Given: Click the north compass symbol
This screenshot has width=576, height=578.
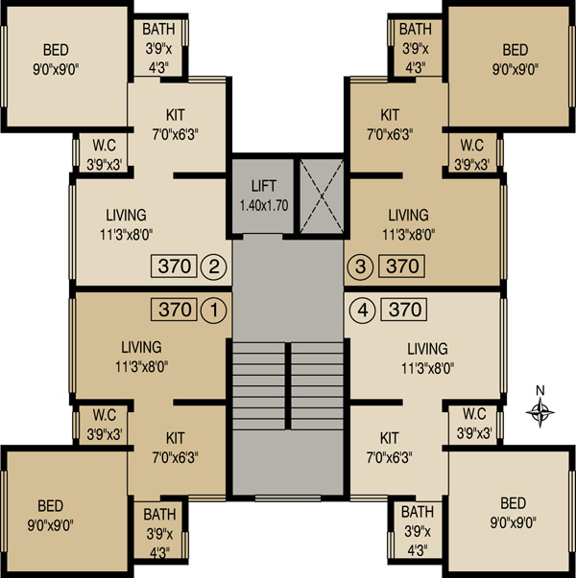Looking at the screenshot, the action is click(540, 412).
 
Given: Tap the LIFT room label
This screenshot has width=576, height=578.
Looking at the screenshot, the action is click(264, 186).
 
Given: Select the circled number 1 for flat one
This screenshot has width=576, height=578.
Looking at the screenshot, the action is click(214, 310).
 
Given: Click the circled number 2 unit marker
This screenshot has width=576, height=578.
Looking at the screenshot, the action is click(214, 266).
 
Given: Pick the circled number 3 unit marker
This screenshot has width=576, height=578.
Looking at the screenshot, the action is click(360, 266).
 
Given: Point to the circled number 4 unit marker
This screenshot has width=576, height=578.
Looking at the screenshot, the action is click(363, 310).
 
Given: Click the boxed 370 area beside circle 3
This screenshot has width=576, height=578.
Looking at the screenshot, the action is click(402, 266).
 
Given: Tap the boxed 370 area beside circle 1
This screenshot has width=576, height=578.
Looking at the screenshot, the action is click(174, 310).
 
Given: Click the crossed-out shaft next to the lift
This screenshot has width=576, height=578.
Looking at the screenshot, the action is click(322, 197).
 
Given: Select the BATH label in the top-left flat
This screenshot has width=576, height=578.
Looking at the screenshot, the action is click(158, 29).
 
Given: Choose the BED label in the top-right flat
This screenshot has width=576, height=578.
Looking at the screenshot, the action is click(516, 50).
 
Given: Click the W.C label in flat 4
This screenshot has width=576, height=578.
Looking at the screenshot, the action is click(474, 414).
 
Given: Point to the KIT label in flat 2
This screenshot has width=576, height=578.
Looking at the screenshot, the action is click(176, 115).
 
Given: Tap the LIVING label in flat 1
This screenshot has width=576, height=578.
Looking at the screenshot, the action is click(141, 347).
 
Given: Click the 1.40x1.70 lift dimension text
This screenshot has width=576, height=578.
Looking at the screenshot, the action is click(264, 205).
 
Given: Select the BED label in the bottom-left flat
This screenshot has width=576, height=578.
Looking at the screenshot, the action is click(50, 506).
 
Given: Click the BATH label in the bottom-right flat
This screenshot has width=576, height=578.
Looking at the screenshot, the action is click(418, 512).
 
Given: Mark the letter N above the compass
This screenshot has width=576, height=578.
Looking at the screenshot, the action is click(540, 390).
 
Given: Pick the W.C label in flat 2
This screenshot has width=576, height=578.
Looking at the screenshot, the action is click(104, 146).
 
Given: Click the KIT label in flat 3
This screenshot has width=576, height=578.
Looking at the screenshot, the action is click(390, 115).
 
